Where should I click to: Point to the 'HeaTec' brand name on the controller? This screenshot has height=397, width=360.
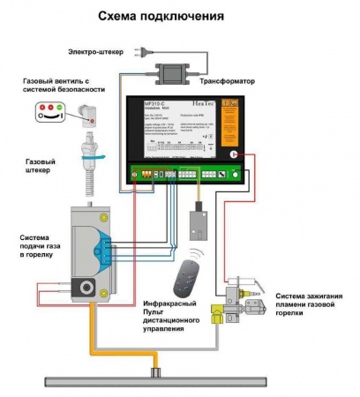coord(219,105)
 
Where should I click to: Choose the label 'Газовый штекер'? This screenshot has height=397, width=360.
coord(39,164)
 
